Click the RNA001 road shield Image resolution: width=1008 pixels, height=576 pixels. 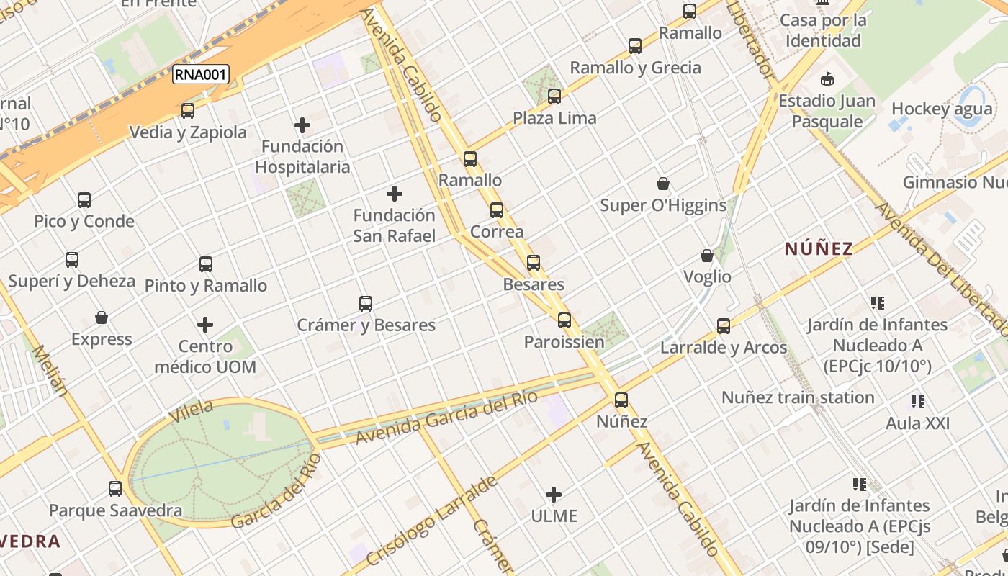pyautogui.click(x=200, y=74)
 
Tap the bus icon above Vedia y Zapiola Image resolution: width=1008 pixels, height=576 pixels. pyautogui.click(x=188, y=111)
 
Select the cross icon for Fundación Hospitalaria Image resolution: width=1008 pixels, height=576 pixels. pyautogui.click(x=302, y=125)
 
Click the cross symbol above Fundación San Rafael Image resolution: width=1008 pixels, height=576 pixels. pyautogui.click(x=395, y=194)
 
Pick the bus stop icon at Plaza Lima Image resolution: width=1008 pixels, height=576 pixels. pyautogui.click(x=554, y=96)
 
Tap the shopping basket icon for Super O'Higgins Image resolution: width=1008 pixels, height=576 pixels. pyautogui.click(x=663, y=184)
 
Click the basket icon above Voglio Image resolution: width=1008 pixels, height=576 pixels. pyautogui.click(x=707, y=256)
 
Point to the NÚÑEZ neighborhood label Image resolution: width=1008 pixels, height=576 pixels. pyautogui.click(x=819, y=249)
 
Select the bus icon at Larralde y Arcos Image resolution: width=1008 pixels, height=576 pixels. pyautogui.click(x=724, y=326)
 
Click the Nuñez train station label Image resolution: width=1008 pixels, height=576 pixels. pyautogui.click(x=798, y=397)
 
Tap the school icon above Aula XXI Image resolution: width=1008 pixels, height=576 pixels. pyautogui.click(x=917, y=402)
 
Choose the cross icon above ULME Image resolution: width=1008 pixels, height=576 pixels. pyautogui.click(x=554, y=495)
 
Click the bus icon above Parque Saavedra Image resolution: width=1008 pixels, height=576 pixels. pyautogui.click(x=115, y=489)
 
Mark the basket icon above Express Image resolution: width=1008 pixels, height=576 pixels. pyautogui.click(x=102, y=318)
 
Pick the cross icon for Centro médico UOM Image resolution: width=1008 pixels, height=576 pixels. pyautogui.click(x=205, y=325)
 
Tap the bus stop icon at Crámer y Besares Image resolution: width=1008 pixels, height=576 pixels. pyautogui.click(x=366, y=304)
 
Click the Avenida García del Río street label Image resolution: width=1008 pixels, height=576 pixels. pyautogui.click(x=446, y=418)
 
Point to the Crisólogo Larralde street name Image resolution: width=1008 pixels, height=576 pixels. pyautogui.click(x=431, y=521)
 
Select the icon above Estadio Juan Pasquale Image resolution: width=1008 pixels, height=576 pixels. pyautogui.click(x=827, y=79)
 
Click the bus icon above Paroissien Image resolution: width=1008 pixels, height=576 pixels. pyautogui.click(x=564, y=320)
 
